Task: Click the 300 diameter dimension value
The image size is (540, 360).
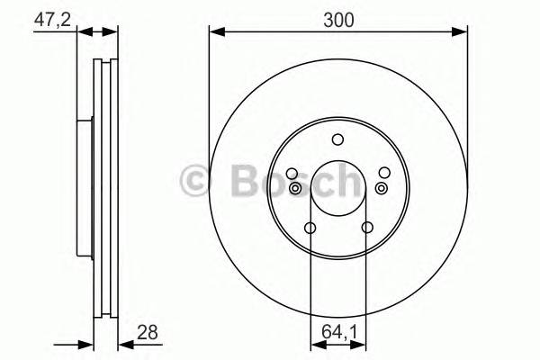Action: [x=338, y=18]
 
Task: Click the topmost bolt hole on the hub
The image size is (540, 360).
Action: [x=337, y=139]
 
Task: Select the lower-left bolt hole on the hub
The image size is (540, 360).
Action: [x=310, y=228]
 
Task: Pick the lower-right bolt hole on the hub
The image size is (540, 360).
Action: [x=366, y=228]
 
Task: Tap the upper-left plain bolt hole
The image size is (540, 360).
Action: [x=291, y=173]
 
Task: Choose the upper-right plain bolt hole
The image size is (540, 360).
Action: [x=384, y=173]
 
